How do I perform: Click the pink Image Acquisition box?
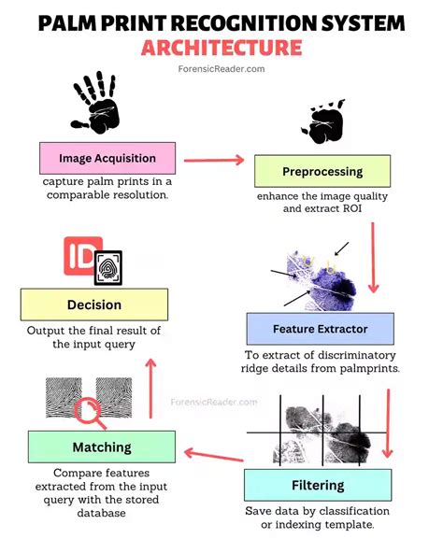(x=107, y=159)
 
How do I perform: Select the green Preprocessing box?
(x=322, y=171)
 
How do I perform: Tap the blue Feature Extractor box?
(x=320, y=329)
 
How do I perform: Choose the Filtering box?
(x=318, y=486)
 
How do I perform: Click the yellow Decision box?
(x=93, y=305)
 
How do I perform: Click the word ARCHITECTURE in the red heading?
(x=221, y=47)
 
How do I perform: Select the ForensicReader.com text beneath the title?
(x=221, y=68)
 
